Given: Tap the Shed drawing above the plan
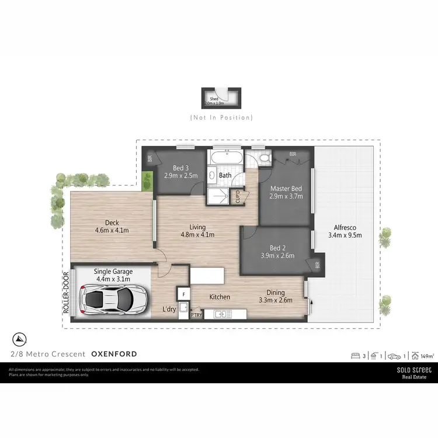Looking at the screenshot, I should [221, 98].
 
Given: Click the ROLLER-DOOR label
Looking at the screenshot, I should [66, 293].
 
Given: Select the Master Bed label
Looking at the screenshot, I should [286, 188].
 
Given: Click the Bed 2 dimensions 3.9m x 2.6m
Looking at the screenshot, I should [274, 255].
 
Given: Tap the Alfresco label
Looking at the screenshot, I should [345, 228].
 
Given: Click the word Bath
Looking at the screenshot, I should [225, 175].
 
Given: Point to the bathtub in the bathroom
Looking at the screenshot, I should [225, 158].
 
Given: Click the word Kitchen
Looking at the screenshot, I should [220, 297].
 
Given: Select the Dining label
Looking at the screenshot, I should [276, 293].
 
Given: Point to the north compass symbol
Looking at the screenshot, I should [19, 338].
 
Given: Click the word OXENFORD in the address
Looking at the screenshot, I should [114, 354].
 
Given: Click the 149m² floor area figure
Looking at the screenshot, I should [426, 354].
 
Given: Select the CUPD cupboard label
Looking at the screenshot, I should [237, 197].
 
